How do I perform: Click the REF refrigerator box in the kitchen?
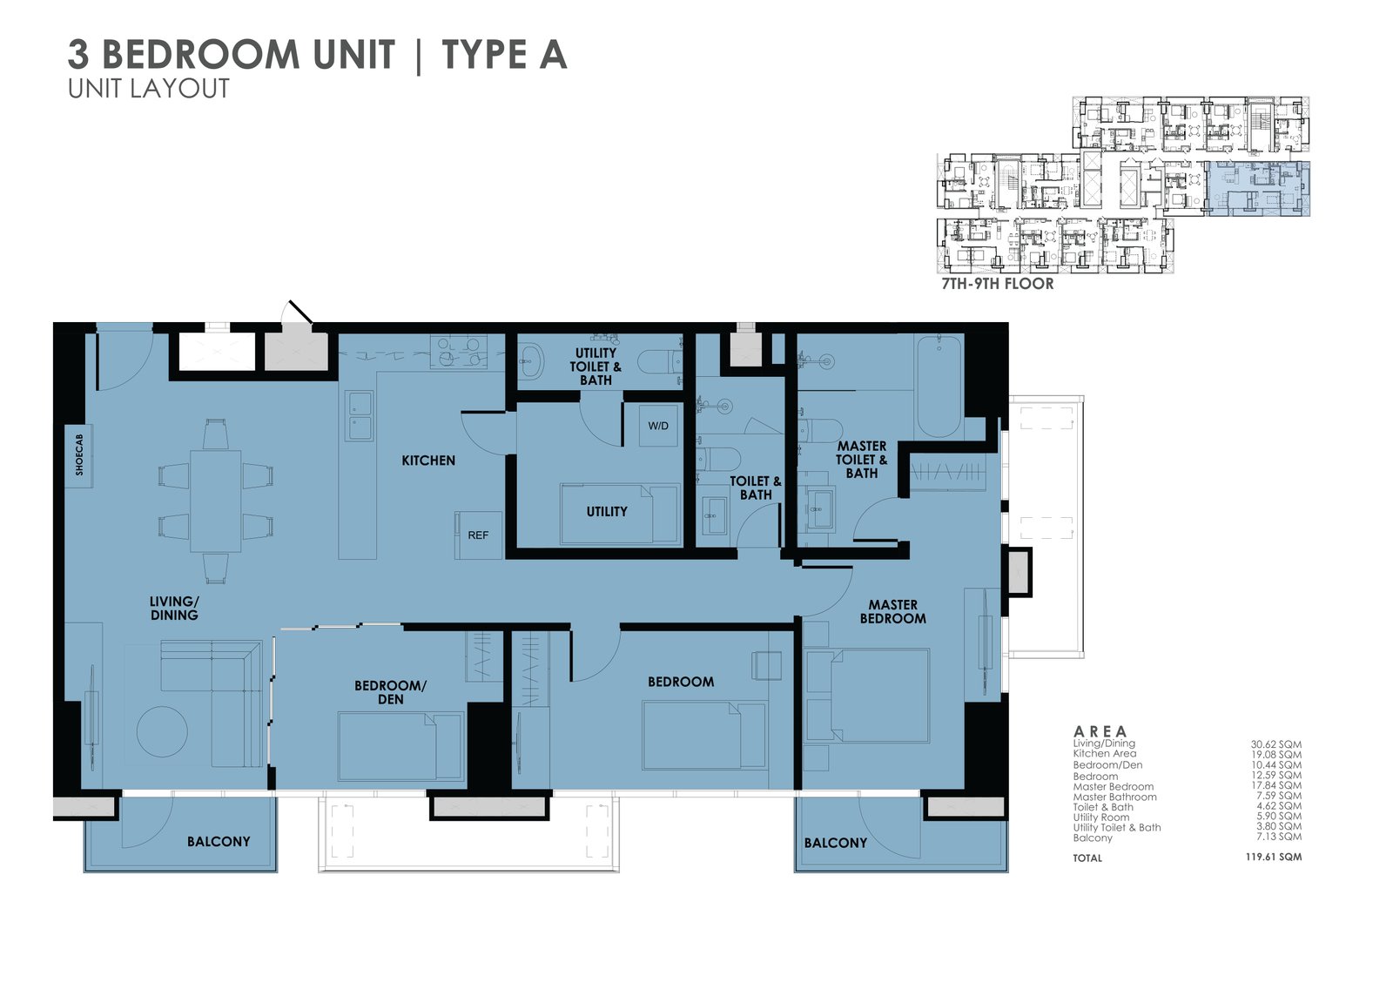(478, 535)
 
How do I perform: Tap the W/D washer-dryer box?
(658, 426)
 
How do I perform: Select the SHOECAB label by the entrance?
(79, 455)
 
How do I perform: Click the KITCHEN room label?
(428, 461)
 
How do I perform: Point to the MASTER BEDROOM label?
(892, 611)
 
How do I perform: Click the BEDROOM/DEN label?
(390, 692)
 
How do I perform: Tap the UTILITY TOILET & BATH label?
(596, 367)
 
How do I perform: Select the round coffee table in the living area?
(162, 731)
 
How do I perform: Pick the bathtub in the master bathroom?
(938, 386)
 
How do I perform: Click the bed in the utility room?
(619, 514)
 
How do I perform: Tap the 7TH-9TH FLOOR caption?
(997, 284)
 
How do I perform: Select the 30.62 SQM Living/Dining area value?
(1275, 744)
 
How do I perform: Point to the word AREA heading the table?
(1100, 731)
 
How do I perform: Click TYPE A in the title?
(504, 55)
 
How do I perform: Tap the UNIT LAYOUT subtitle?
(149, 89)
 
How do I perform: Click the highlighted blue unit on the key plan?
(1259, 188)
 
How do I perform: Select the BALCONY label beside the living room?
(218, 842)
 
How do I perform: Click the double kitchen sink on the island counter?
(359, 415)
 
